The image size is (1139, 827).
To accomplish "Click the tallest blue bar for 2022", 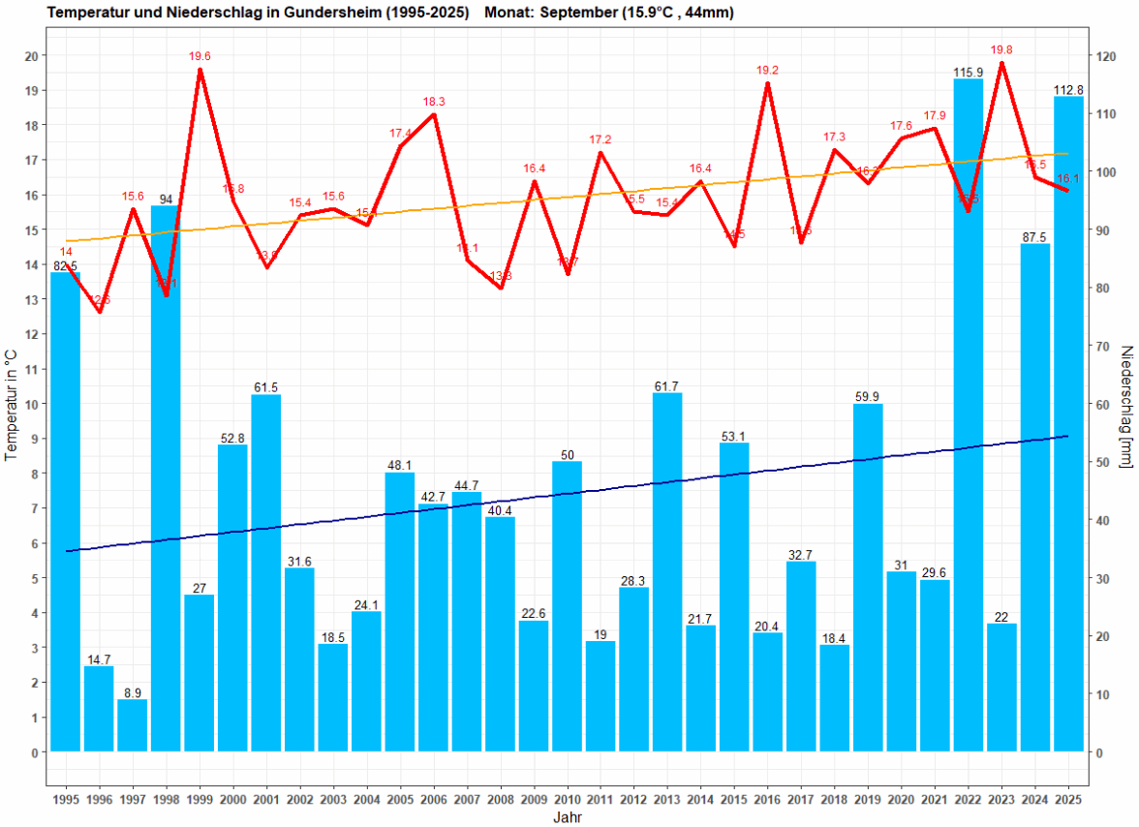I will point(969,416).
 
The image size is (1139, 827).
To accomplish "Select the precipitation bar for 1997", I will point(133,725).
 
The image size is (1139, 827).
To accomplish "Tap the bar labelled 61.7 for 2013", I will point(667,571).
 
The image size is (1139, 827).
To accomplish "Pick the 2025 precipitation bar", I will point(1068,426).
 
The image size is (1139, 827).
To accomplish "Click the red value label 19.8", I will point(1001,50).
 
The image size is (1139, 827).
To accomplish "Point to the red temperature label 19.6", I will point(200,57).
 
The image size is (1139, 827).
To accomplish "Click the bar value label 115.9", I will point(969,73).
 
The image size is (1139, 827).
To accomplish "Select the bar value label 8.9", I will point(133,692).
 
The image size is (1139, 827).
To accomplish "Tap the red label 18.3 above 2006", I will point(434,102).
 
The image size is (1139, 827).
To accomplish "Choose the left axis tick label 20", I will point(32,56).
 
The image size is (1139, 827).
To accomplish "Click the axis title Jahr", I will point(568,816).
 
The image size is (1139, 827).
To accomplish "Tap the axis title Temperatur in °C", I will point(12,405).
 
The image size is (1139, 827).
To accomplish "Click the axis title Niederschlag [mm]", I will point(1126,405).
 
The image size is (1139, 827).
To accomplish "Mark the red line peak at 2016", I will point(767,83).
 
